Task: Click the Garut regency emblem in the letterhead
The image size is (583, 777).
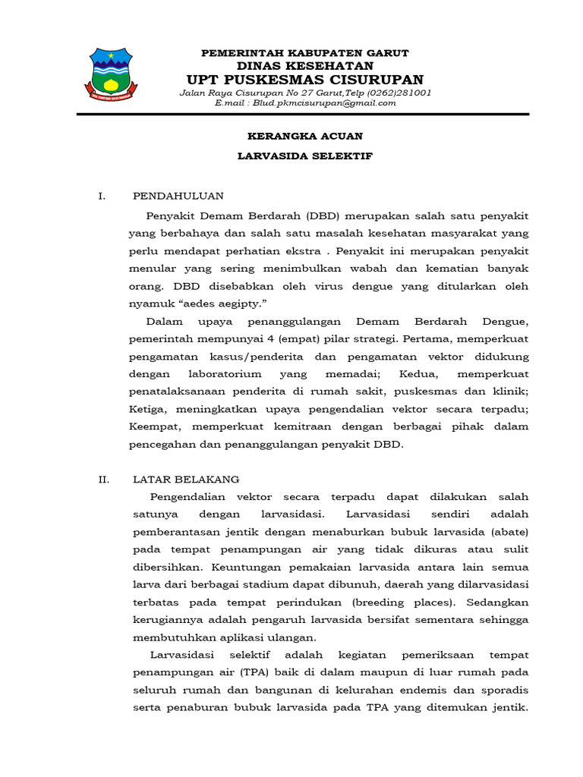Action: coord(111,74)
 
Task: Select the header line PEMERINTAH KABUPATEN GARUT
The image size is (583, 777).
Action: coord(304,53)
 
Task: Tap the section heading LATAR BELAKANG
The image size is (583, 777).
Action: coord(186,480)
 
